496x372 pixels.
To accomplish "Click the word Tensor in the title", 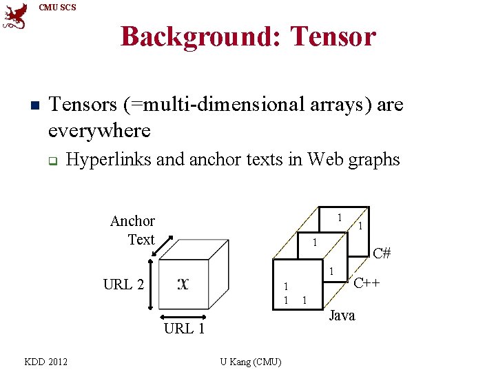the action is [334, 36].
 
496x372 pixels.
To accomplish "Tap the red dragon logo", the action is [15, 17].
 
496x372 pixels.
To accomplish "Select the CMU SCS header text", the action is [58, 8].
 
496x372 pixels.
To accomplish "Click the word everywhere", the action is [99, 130].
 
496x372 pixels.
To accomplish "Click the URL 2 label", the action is [123, 284].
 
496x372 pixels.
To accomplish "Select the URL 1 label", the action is [184, 329].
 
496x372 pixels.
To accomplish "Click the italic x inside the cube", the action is [183, 283].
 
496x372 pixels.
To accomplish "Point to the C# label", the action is [382, 253].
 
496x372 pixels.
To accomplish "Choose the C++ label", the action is [367, 282].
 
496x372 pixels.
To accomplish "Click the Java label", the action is [342, 316].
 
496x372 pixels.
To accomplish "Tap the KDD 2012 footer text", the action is [45, 361].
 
